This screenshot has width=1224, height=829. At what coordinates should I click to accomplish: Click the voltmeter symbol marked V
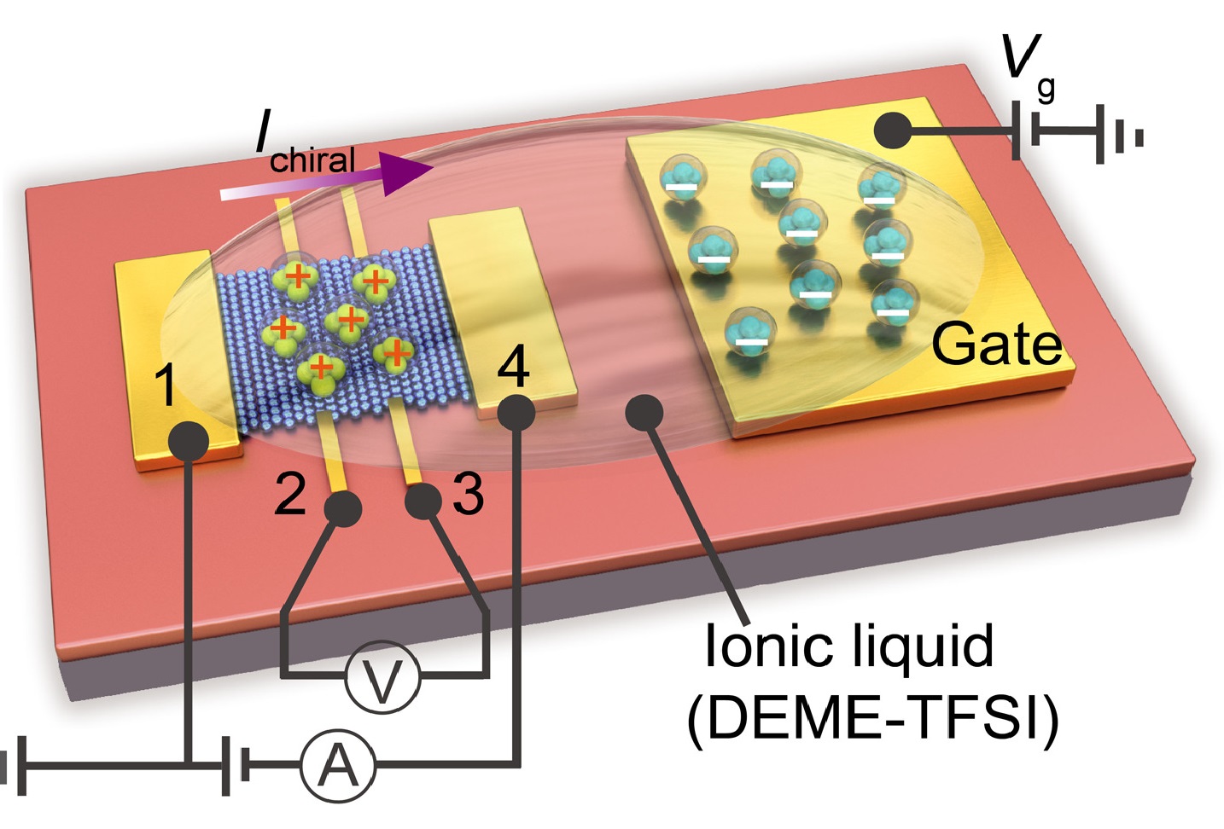coord(383,677)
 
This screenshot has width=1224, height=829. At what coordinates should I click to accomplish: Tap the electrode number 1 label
coord(166,385)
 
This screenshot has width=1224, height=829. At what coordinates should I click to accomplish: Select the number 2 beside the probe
coord(290,492)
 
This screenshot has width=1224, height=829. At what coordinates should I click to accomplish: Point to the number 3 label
coord(468,492)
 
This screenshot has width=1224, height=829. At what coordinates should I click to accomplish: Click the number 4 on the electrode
coord(513,366)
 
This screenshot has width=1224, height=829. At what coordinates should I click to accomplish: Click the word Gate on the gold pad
coord(996,344)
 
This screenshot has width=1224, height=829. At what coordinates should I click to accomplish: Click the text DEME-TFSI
coord(873,718)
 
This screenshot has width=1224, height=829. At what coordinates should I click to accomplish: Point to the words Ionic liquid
coord(849,646)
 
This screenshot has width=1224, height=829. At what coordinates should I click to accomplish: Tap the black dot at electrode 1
coord(189,442)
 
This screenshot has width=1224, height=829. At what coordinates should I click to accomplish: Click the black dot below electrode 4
coord(516,413)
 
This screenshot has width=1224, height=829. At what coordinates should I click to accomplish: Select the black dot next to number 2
coord(343,509)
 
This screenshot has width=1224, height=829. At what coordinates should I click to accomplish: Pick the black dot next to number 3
coord(423,502)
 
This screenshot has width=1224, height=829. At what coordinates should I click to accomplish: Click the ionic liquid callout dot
coord(644,413)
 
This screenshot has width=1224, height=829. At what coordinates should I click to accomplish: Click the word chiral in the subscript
coord(312,159)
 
